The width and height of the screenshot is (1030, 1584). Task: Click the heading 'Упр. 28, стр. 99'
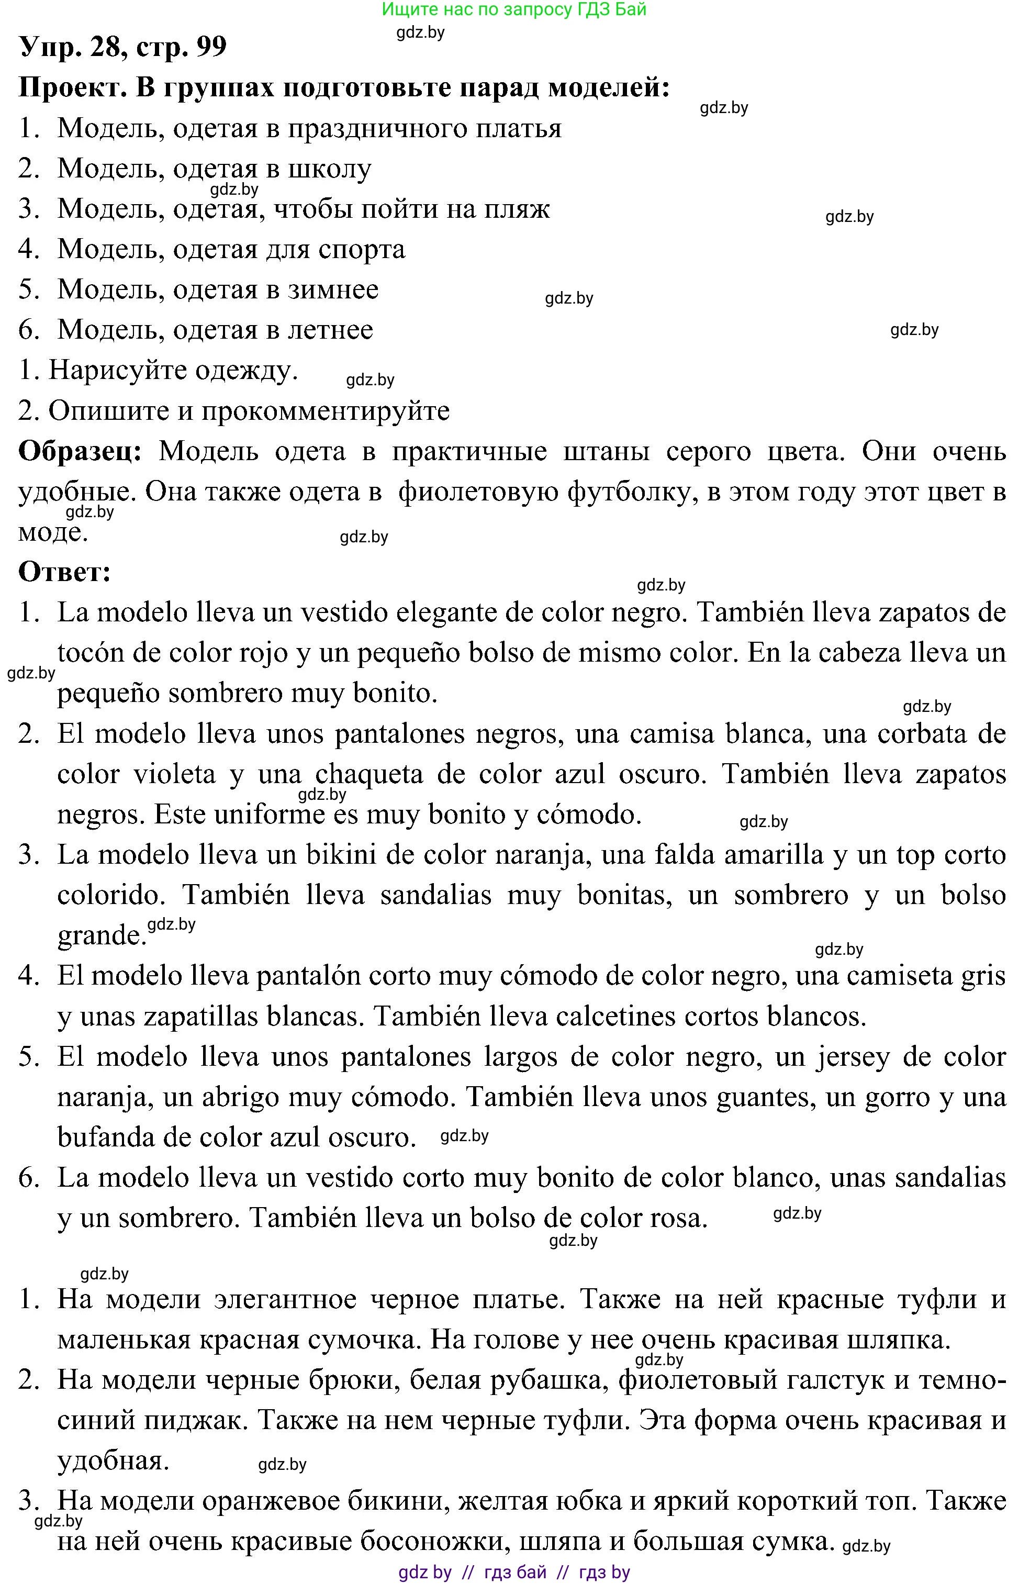click(123, 47)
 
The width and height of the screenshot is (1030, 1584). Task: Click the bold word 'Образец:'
click(80, 451)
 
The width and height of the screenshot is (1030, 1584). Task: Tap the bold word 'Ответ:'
click(64, 572)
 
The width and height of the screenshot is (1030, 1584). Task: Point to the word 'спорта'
click(361, 250)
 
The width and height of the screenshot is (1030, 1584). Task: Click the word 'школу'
click(329, 169)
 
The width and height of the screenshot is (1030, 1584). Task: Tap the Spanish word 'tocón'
click(91, 653)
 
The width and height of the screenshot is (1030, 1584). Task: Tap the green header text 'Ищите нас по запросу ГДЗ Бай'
click(514, 9)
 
